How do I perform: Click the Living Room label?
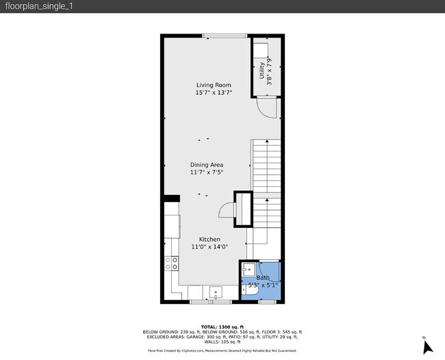coord(214,85)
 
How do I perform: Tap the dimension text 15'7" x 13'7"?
coord(214,92)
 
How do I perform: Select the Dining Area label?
coord(206,165)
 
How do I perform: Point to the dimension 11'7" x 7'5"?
coord(206,172)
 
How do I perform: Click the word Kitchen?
coord(209,240)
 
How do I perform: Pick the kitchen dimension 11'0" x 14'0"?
coord(209,247)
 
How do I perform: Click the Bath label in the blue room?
coord(263,278)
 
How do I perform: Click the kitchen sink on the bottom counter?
coord(216,292)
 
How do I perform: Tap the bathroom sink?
coord(248,269)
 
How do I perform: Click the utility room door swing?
coord(263,107)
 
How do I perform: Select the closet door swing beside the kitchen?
coord(227,210)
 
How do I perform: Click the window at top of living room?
coord(215,36)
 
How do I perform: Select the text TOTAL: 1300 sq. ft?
coord(222,327)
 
